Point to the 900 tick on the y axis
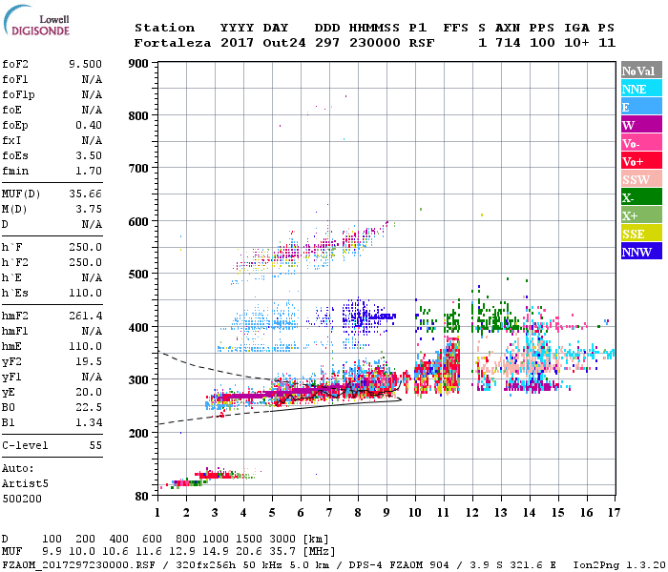click(x=137, y=64)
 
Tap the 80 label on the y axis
click(x=140, y=497)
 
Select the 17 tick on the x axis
click(x=614, y=512)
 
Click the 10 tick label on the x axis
click(x=415, y=512)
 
